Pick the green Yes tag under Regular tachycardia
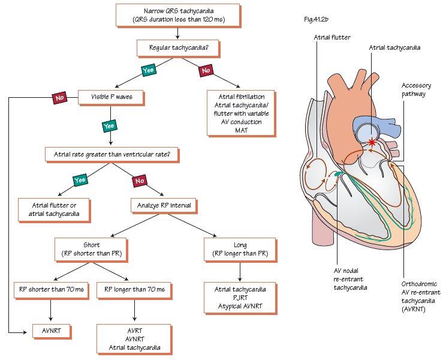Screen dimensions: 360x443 point(148,70)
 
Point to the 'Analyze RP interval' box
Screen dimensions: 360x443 point(162,205)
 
